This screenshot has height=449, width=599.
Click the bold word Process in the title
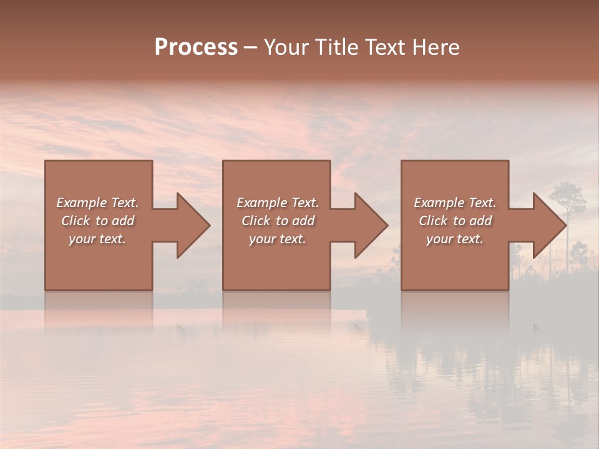[x=196, y=47]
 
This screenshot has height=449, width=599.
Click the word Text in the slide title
[x=386, y=47]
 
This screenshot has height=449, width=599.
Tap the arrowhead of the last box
[x=549, y=225]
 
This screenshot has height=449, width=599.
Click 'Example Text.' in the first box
[x=97, y=203]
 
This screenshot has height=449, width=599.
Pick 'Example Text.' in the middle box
[x=278, y=203]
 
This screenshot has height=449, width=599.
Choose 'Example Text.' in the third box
[x=455, y=203]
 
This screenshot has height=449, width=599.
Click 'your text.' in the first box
[x=97, y=239]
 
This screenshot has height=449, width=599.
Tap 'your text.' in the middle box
[x=278, y=239]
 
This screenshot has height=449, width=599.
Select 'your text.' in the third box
[x=455, y=239]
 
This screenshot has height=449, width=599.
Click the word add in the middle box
[x=304, y=221]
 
